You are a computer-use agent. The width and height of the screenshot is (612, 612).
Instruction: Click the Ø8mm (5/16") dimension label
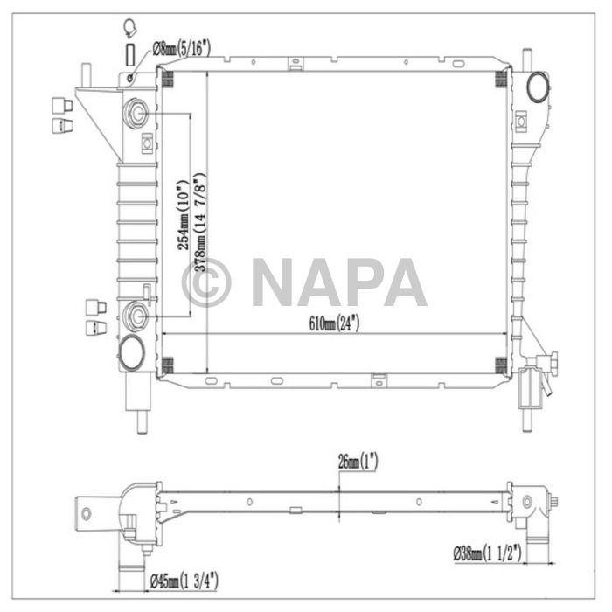[182, 49]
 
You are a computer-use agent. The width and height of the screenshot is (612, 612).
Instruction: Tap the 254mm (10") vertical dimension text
[183, 215]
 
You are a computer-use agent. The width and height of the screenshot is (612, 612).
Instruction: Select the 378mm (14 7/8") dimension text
[200, 222]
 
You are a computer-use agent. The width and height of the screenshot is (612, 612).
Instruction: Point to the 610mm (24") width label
[334, 323]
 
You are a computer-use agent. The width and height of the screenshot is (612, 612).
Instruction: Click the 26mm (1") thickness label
[358, 462]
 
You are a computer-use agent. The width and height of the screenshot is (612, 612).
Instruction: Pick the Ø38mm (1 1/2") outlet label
[488, 553]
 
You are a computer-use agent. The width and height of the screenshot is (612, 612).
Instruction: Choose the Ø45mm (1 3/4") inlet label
[184, 581]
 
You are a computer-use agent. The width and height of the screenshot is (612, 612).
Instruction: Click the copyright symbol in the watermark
[206, 282]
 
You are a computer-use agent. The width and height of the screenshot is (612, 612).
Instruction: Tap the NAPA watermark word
[339, 282]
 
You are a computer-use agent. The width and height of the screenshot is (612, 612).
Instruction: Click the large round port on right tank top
[538, 87]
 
